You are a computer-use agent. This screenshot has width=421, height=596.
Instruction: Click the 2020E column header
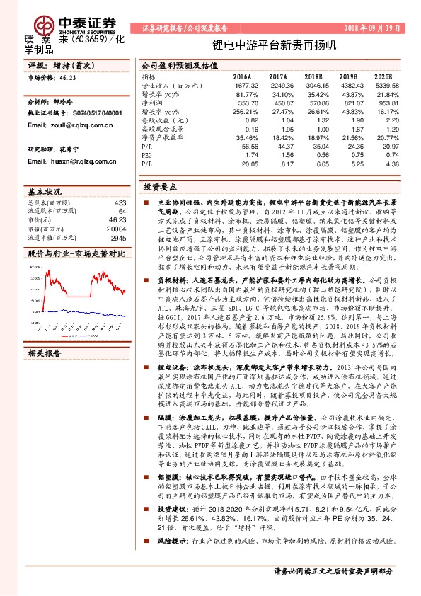[x=383, y=75]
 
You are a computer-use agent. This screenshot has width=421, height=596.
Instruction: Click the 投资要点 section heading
[x=159, y=189]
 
